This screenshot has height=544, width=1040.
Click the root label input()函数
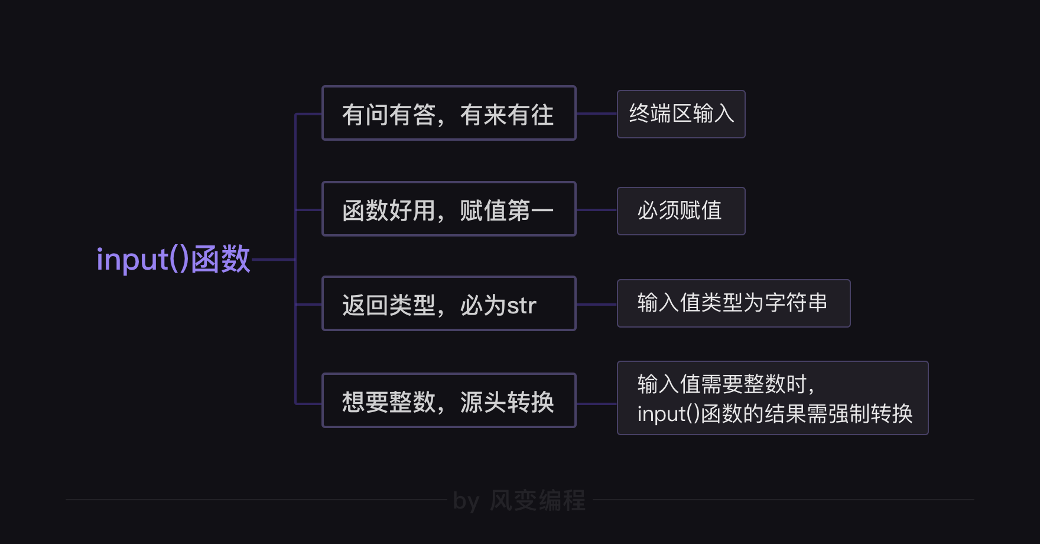tap(173, 259)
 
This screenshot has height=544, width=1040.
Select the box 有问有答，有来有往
tap(448, 113)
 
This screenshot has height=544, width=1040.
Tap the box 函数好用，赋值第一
tap(448, 209)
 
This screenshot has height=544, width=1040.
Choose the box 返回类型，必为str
tap(448, 303)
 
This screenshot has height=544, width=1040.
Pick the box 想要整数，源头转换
tap(448, 400)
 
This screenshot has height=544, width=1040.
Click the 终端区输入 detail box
tap(681, 114)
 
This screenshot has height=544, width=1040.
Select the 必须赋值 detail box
tap(681, 211)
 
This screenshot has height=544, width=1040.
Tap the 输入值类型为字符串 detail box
tap(733, 303)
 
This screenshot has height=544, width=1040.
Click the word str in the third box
tap(521, 306)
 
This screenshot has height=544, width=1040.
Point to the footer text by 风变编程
tap(519, 501)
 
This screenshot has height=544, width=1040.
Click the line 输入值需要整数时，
tap(726, 384)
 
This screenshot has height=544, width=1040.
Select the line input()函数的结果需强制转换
tap(774, 413)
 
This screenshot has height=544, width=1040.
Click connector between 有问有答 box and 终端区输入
tap(596, 114)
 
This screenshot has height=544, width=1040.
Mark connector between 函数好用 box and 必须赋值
tap(596, 210)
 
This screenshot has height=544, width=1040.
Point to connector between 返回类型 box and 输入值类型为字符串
tap(596, 305)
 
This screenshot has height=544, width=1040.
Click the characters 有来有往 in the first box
tap(507, 115)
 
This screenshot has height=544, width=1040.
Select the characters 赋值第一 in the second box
tap(507, 211)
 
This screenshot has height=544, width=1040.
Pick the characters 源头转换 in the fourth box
tap(507, 402)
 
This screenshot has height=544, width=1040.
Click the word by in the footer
tap(466, 501)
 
